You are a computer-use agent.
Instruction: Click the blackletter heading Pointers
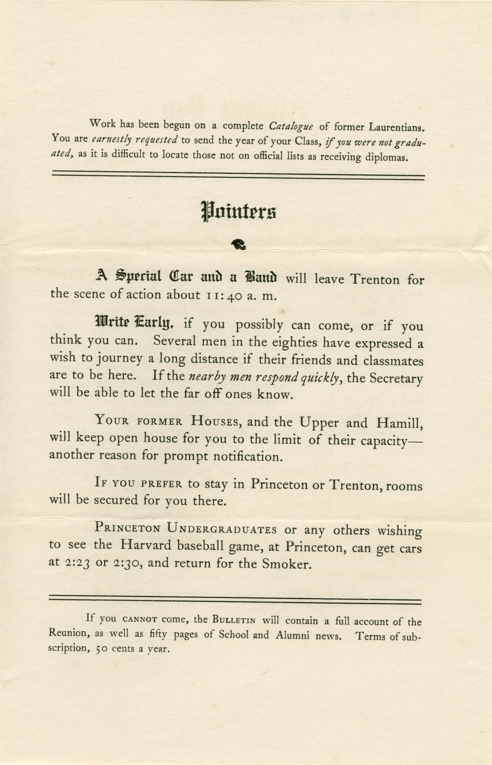[238, 212]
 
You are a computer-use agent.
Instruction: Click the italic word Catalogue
[291, 126]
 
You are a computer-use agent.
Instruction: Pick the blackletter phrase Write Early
[134, 323]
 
